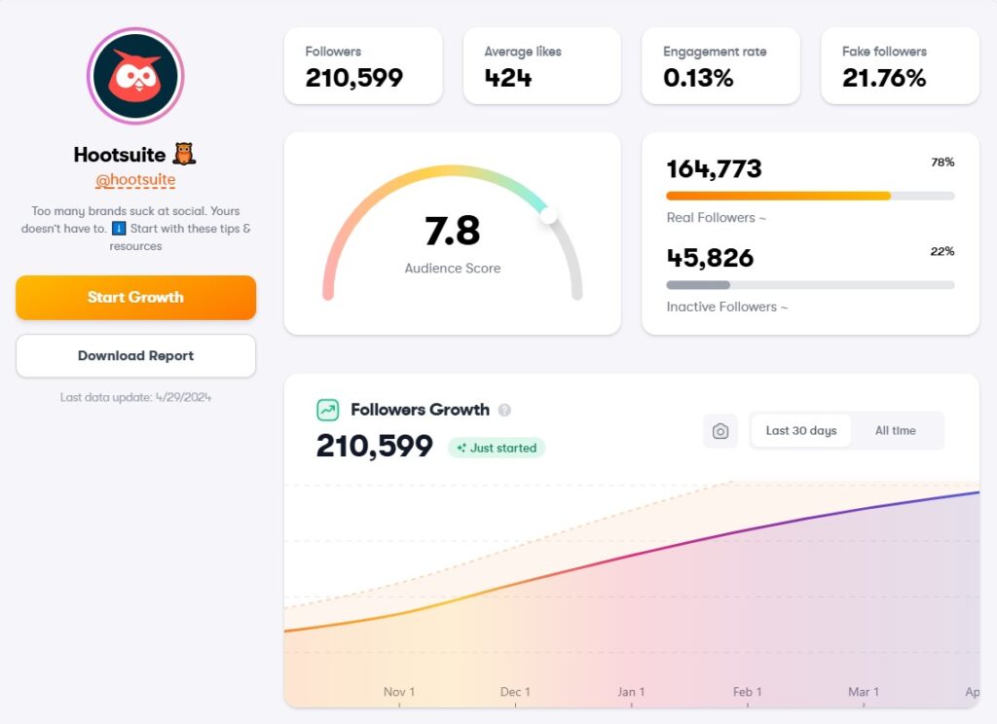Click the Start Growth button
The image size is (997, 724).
(x=135, y=298)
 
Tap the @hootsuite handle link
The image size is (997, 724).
(x=135, y=180)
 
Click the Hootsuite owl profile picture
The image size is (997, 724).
(x=135, y=76)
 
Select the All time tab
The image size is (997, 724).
(x=895, y=430)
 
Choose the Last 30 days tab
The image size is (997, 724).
(x=800, y=430)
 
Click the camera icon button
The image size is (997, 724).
(x=720, y=431)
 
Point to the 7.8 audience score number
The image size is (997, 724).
(x=453, y=232)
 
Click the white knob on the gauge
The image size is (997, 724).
(x=549, y=215)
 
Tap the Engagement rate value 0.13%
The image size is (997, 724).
(x=698, y=79)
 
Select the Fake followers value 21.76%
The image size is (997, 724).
(x=884, y=79)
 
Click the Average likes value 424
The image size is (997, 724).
(x=508, y=79)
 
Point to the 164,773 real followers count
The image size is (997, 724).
(x=714, y=169)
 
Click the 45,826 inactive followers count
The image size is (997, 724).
(x=710, y=258)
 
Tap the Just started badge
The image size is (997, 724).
(x=497, y=448)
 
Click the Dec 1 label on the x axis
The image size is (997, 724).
(x=515, y=692)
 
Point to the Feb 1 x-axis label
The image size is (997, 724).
(x=747, y=692)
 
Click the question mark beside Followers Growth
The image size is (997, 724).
(x=504, y=410)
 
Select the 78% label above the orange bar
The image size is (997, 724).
(x=942, y=163)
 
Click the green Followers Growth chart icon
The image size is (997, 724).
(x=328, y=410)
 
